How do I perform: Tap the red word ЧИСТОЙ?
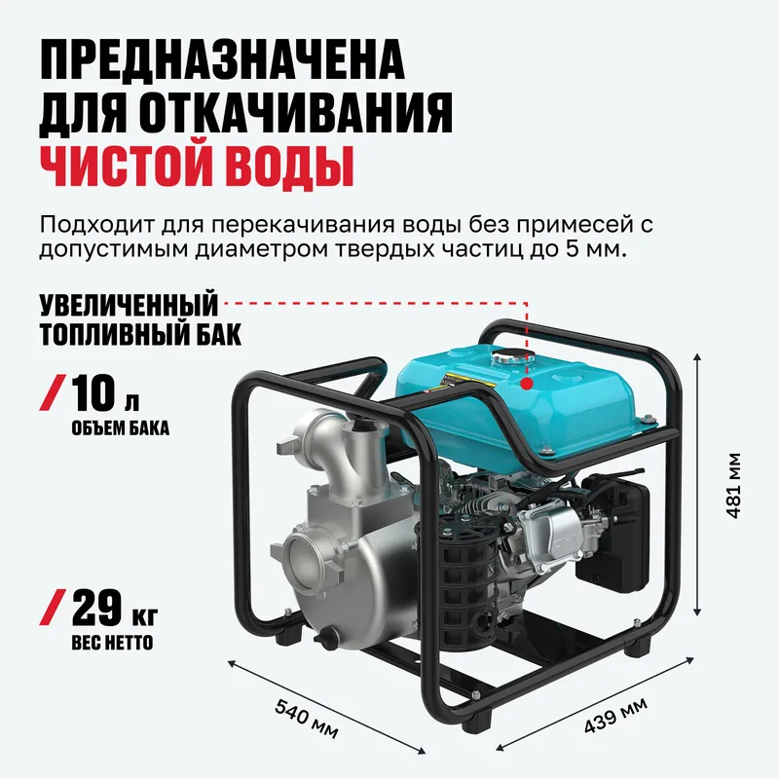[128, 166]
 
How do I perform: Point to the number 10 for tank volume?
[93, 392]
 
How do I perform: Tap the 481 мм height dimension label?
[733, 485]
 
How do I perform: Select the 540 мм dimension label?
[307, 719]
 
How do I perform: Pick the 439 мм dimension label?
[615, 715]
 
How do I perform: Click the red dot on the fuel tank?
[527, 383]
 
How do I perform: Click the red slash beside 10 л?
[53, 392]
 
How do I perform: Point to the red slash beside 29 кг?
[53, 607]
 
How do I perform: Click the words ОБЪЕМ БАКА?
[121, 428]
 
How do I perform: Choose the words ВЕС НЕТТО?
[112, 643]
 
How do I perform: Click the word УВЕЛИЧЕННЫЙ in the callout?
[130, 305]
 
